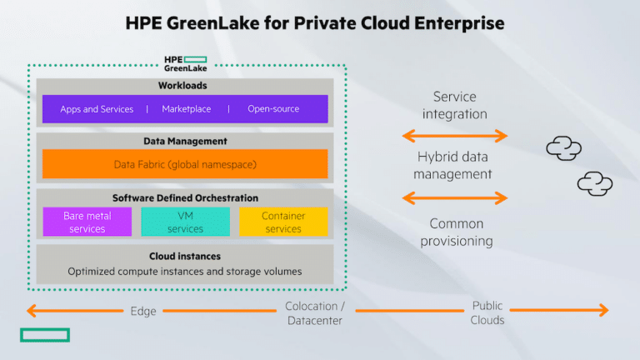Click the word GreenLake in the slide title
[x=212, y=23]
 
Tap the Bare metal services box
[x=87, y=222]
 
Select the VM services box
[x=185, y=222]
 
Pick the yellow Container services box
[x=283, y=222]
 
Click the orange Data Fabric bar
[x=185, y=163]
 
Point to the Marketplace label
[x=186, y=109]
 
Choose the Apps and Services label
[x=97, y=109]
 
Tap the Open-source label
[x=273, y=109]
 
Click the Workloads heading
[x=182, y=86]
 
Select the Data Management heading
[x=185, y=141]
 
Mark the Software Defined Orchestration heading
[x=185, y=198]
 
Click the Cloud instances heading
[x=184, y=257]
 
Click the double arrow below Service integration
[x=455, y=136]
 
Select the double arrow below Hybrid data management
[x=455, y=198]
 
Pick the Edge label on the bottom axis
[x=143, y=311]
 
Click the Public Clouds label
[x=487, y=312]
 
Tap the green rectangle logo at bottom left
[x=45, y=335]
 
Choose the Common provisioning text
[x=457, y=232]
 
